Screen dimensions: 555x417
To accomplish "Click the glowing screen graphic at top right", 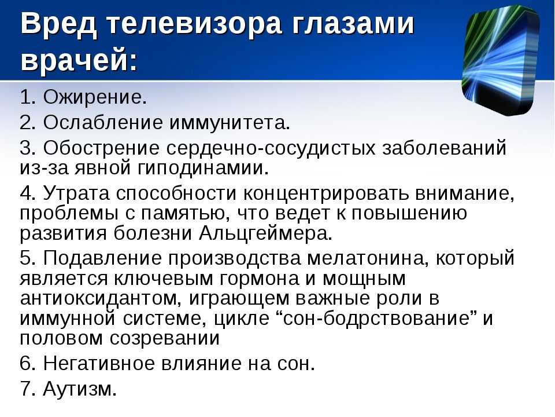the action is click(x=501, y=60).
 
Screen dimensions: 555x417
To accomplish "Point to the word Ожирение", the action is click(x=95, y=97).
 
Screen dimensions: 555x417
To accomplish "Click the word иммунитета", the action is click(x=230, y=123).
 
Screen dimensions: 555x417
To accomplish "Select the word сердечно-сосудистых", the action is click(x=271, y=148).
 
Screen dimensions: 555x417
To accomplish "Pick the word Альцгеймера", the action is click(x=266, y=233).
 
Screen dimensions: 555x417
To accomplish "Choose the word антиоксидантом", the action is click(x=101, y=298).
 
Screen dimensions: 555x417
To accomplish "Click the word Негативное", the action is click(x=99, y=363).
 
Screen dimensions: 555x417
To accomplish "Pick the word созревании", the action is click(x=165, y=338).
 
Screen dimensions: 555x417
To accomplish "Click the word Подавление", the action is click(x=102, y=258).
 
